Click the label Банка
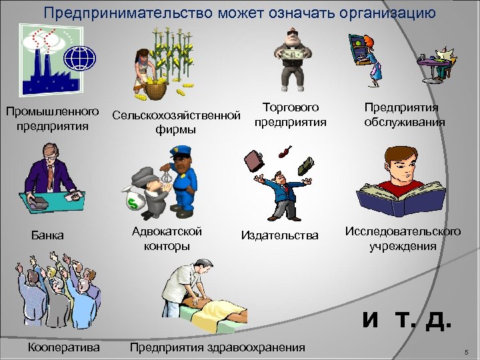tap(49, 235)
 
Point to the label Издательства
tap(280, 235)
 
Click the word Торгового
tap(291, 107)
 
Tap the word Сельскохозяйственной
tap(176, 116)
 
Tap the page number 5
tap(466, 351)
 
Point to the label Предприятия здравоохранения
tap(218, 347)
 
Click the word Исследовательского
tap(403, 231)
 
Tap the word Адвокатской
tap(167, 231)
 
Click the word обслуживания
tap(405, 122)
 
